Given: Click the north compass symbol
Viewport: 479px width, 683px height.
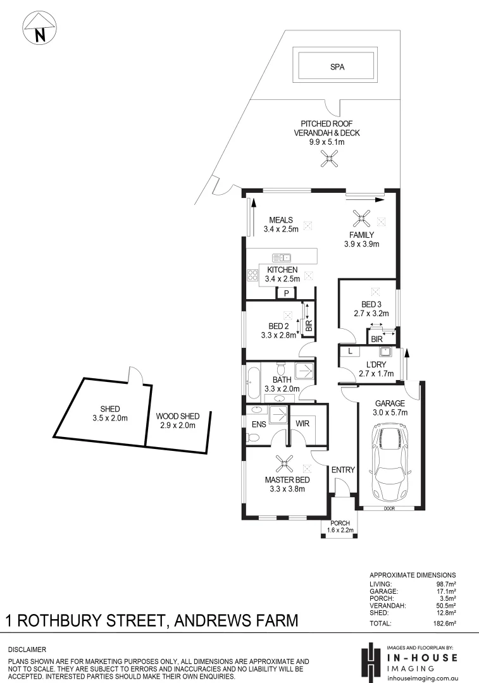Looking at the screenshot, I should click(40, 29).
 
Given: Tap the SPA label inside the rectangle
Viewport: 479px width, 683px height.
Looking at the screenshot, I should click(337, 65).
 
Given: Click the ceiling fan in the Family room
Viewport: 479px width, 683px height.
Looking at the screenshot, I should click(361, 220).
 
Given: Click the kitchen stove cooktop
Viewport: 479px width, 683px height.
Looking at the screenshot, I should click(252, 275).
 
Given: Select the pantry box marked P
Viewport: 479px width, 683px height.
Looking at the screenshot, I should click(287, 293).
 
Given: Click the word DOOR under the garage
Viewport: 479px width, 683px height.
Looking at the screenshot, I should click(389, 508).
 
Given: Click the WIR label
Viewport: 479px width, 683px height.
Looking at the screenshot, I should click(302, 423).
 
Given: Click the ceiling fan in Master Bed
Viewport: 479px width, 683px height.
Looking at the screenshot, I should click(285, 464).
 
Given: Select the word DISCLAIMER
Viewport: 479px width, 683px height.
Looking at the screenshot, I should click(27, 649).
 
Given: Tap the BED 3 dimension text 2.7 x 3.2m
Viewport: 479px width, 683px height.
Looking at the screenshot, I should click(371, 313).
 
